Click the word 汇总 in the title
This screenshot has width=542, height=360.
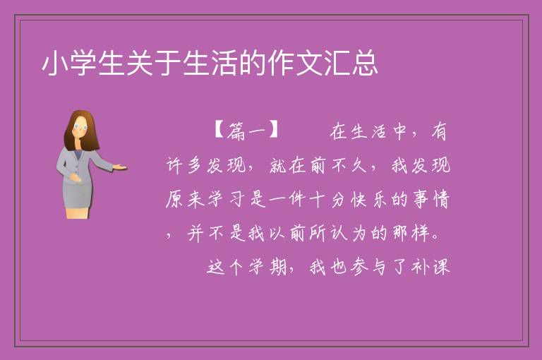[x=351, y=63]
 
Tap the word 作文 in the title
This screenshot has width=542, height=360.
[x=295, y=63]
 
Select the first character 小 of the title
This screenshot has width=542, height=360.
[x=54, y=63]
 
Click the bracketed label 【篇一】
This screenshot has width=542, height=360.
[x=246, y=131]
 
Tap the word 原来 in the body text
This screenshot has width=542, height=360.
[x=185, y=199]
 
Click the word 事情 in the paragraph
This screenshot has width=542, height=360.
[x=431, y=199]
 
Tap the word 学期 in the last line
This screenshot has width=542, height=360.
[x=267, y=267]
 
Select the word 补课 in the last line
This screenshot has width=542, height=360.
[x=430, y=267]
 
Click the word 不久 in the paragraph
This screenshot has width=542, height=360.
[x=349, y=165]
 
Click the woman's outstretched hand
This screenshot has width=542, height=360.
[x=119, y=167]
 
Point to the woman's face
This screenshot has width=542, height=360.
[x=80, y=127]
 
